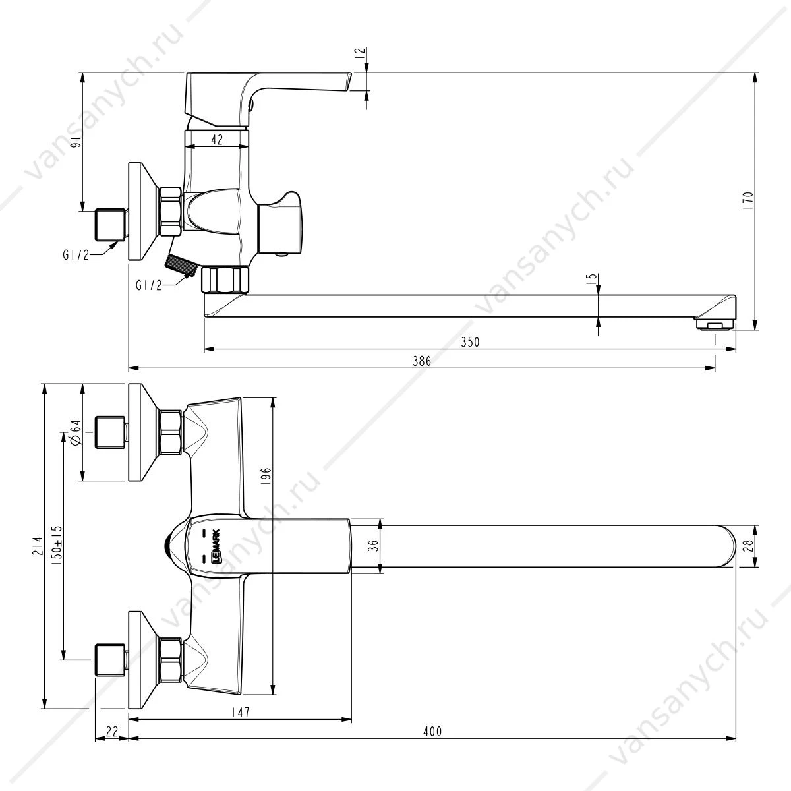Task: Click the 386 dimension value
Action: (422, 361)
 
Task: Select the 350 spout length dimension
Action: (470, 342)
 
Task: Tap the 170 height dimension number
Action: (748, 201)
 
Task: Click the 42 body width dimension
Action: (217, 140)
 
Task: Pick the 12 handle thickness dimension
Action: (359, 54)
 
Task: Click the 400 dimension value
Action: (432, 731)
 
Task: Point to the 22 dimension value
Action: (111, 731)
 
